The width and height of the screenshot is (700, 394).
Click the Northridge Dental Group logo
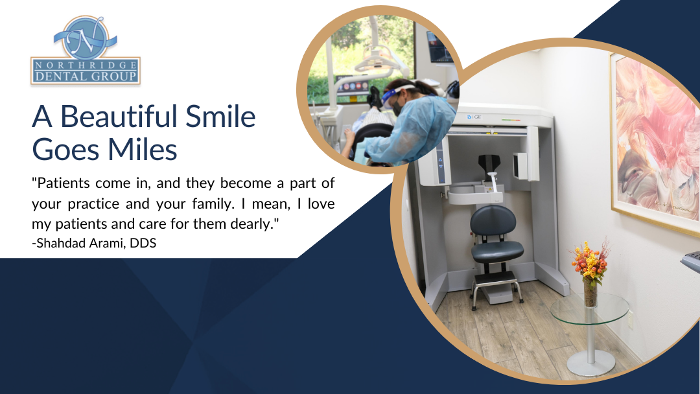(x=85, y=51)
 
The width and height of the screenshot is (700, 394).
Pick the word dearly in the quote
(x=253, y=223)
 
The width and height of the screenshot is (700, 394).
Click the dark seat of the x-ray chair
(x=497, y=251)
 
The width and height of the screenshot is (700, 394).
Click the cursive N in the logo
(x=85, y=38)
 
